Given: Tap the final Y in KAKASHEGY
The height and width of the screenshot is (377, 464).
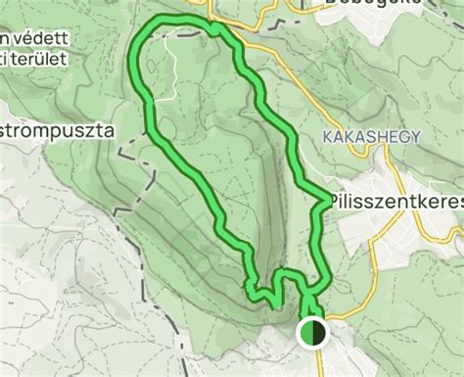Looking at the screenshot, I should (416, 134).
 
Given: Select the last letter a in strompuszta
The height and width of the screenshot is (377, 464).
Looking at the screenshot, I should (111, 128).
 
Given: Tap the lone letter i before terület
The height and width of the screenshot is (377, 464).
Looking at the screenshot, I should (3, 61).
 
